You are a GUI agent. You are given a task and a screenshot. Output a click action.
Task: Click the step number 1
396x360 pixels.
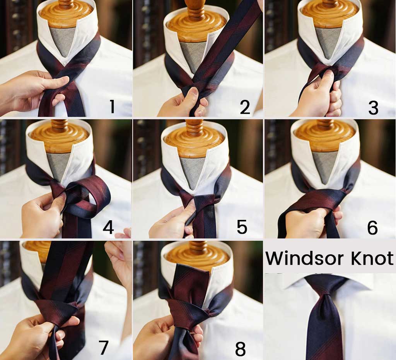click(x=112, y=106)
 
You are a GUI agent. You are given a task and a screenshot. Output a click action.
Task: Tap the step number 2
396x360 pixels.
click(x=245, y=107)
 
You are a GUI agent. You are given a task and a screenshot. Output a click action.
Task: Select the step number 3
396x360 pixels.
click(x=373, y=108)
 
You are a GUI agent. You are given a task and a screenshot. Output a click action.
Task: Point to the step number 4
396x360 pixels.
click(x=108, y=228)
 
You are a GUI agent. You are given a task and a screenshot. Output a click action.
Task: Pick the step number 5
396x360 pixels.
click(x=242, y=228)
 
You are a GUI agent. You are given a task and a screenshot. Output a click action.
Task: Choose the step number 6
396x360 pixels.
click(x=372, y=228)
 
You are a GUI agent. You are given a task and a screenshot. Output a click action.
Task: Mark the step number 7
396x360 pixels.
click(x=103, y=348)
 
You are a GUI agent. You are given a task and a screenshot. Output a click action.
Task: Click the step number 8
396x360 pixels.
click(x=240, y=349)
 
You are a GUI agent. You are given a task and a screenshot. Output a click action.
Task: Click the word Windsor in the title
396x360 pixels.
click(x=305, y=258)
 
